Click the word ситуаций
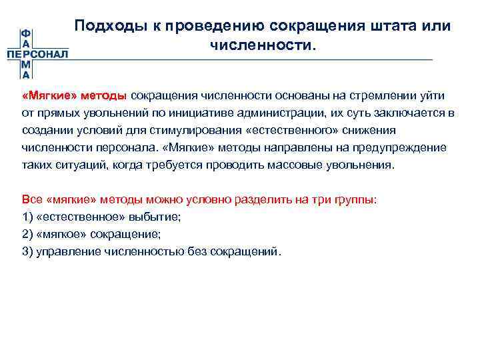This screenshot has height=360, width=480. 73,165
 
